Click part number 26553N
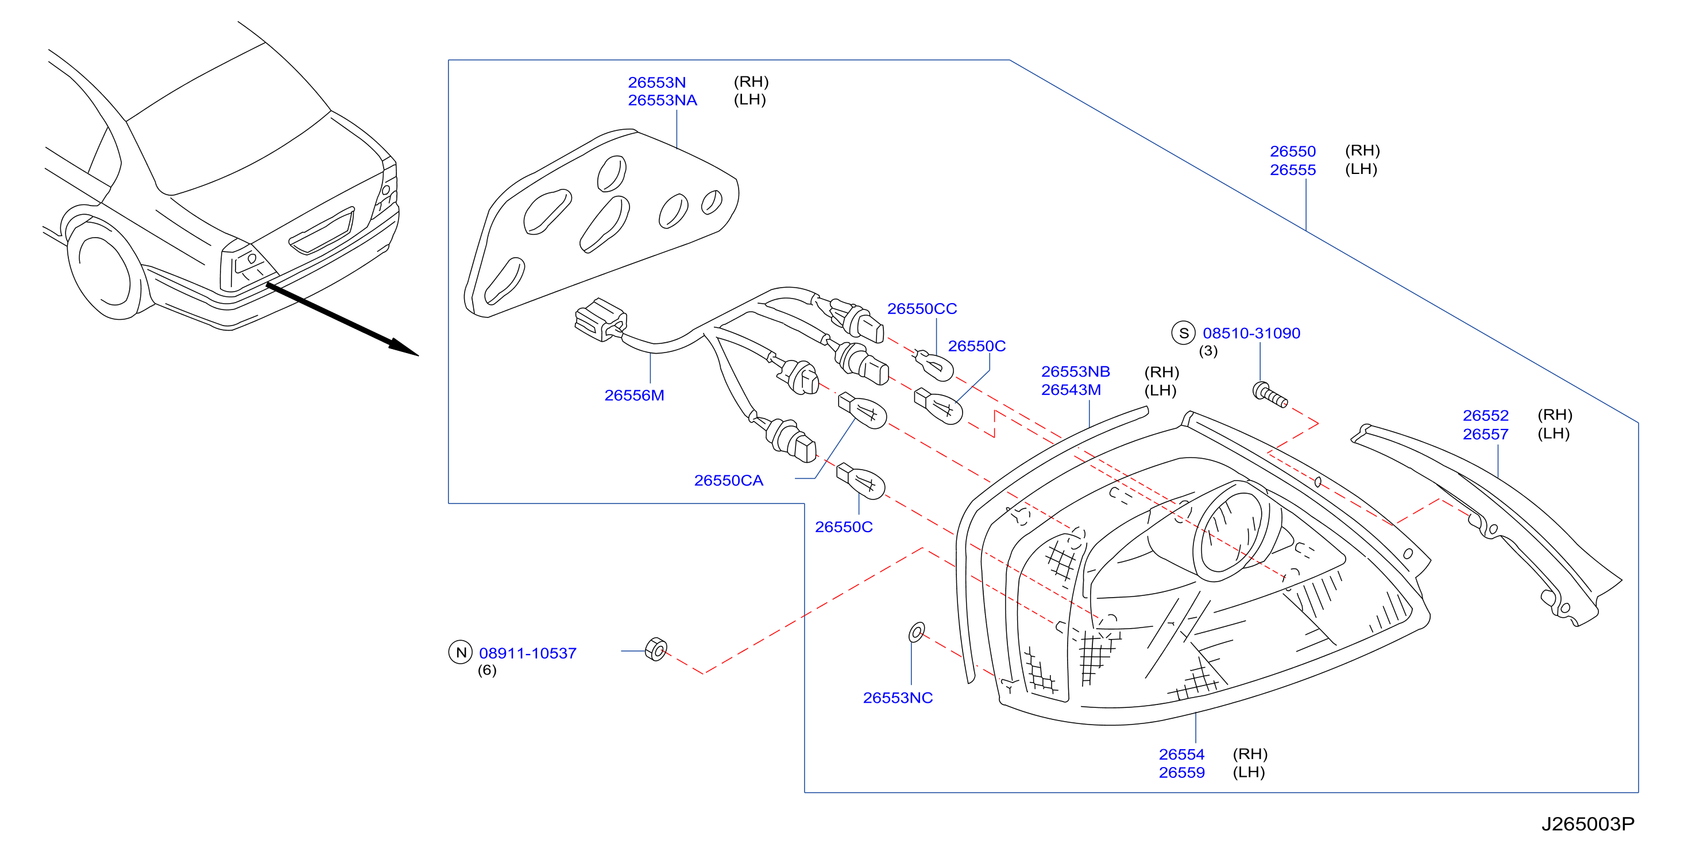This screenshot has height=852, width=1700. click(656, 83)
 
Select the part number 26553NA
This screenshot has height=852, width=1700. click(662, 100)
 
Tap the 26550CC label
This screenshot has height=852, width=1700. click(922, 309)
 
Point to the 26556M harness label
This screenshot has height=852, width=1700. click(634, 396)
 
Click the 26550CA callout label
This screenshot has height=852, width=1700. click(729, 481)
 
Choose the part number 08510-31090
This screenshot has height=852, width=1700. click(1251, 333)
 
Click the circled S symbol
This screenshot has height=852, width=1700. click(1183, 333)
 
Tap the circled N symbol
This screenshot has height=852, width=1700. click(461, 653)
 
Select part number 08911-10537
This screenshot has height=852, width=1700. click(528, 653)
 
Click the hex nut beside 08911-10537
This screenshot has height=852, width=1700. click(656, 649)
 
